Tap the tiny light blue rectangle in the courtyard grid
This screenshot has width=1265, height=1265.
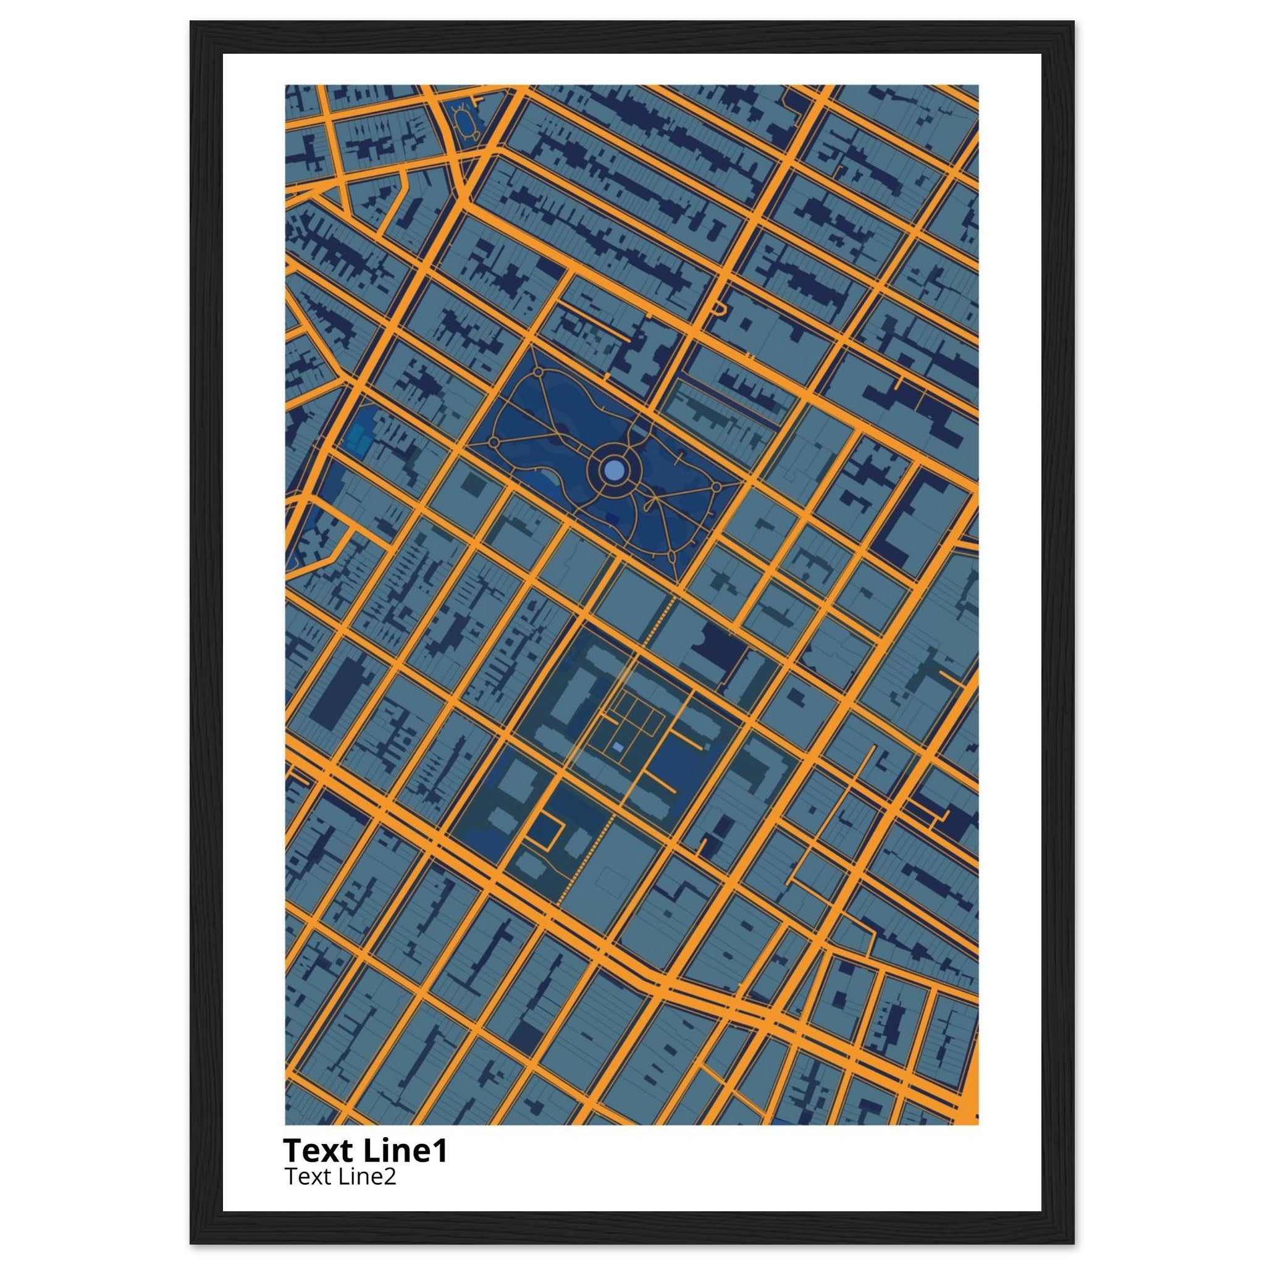(x=618, y=746)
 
